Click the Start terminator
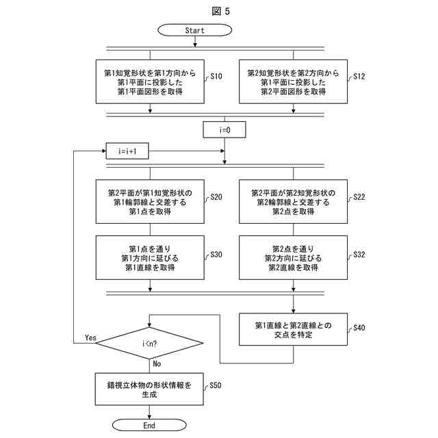point(194,30)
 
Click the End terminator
point(149,426)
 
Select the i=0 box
point(224,129)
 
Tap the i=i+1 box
point(127,151)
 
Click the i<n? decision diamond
point(149,344)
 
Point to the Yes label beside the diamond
point(90,337)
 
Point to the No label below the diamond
point(157,363)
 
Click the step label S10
point(216,76)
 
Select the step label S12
point(359,76)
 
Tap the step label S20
point(216,197)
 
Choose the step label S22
point(359,197)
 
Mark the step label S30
point(216,255)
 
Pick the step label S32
point(359,255)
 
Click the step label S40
point(359,328)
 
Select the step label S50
point(216,385)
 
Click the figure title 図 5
point(220,11)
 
